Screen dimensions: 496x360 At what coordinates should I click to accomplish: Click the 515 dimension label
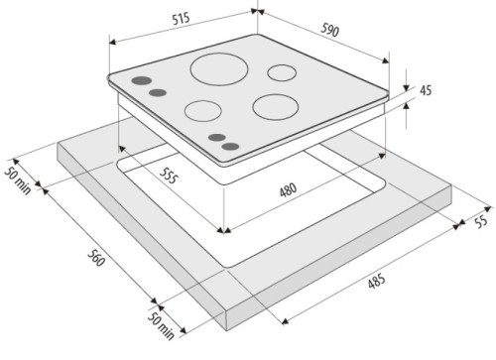point(181,19)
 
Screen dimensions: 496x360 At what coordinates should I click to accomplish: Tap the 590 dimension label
point(329,30)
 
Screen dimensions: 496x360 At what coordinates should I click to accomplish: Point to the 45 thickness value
point(426,90)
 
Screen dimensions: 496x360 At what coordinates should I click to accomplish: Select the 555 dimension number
point(169,176)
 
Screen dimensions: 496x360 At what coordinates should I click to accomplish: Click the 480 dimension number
point(288,190)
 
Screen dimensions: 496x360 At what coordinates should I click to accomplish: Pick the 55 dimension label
point(481,221)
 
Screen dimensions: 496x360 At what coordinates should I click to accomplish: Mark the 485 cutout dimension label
point(377,281)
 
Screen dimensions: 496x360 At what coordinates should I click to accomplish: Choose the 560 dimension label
point(96,258)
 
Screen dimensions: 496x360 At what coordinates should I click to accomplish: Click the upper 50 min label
point(18,180)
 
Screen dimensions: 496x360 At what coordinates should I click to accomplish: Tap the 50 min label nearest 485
point(161,326)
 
